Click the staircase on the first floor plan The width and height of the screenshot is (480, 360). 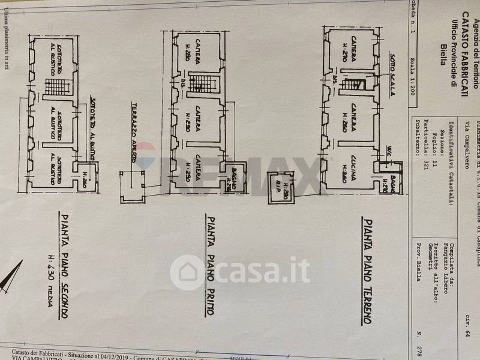pyautogui.click(x=199, y=83)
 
